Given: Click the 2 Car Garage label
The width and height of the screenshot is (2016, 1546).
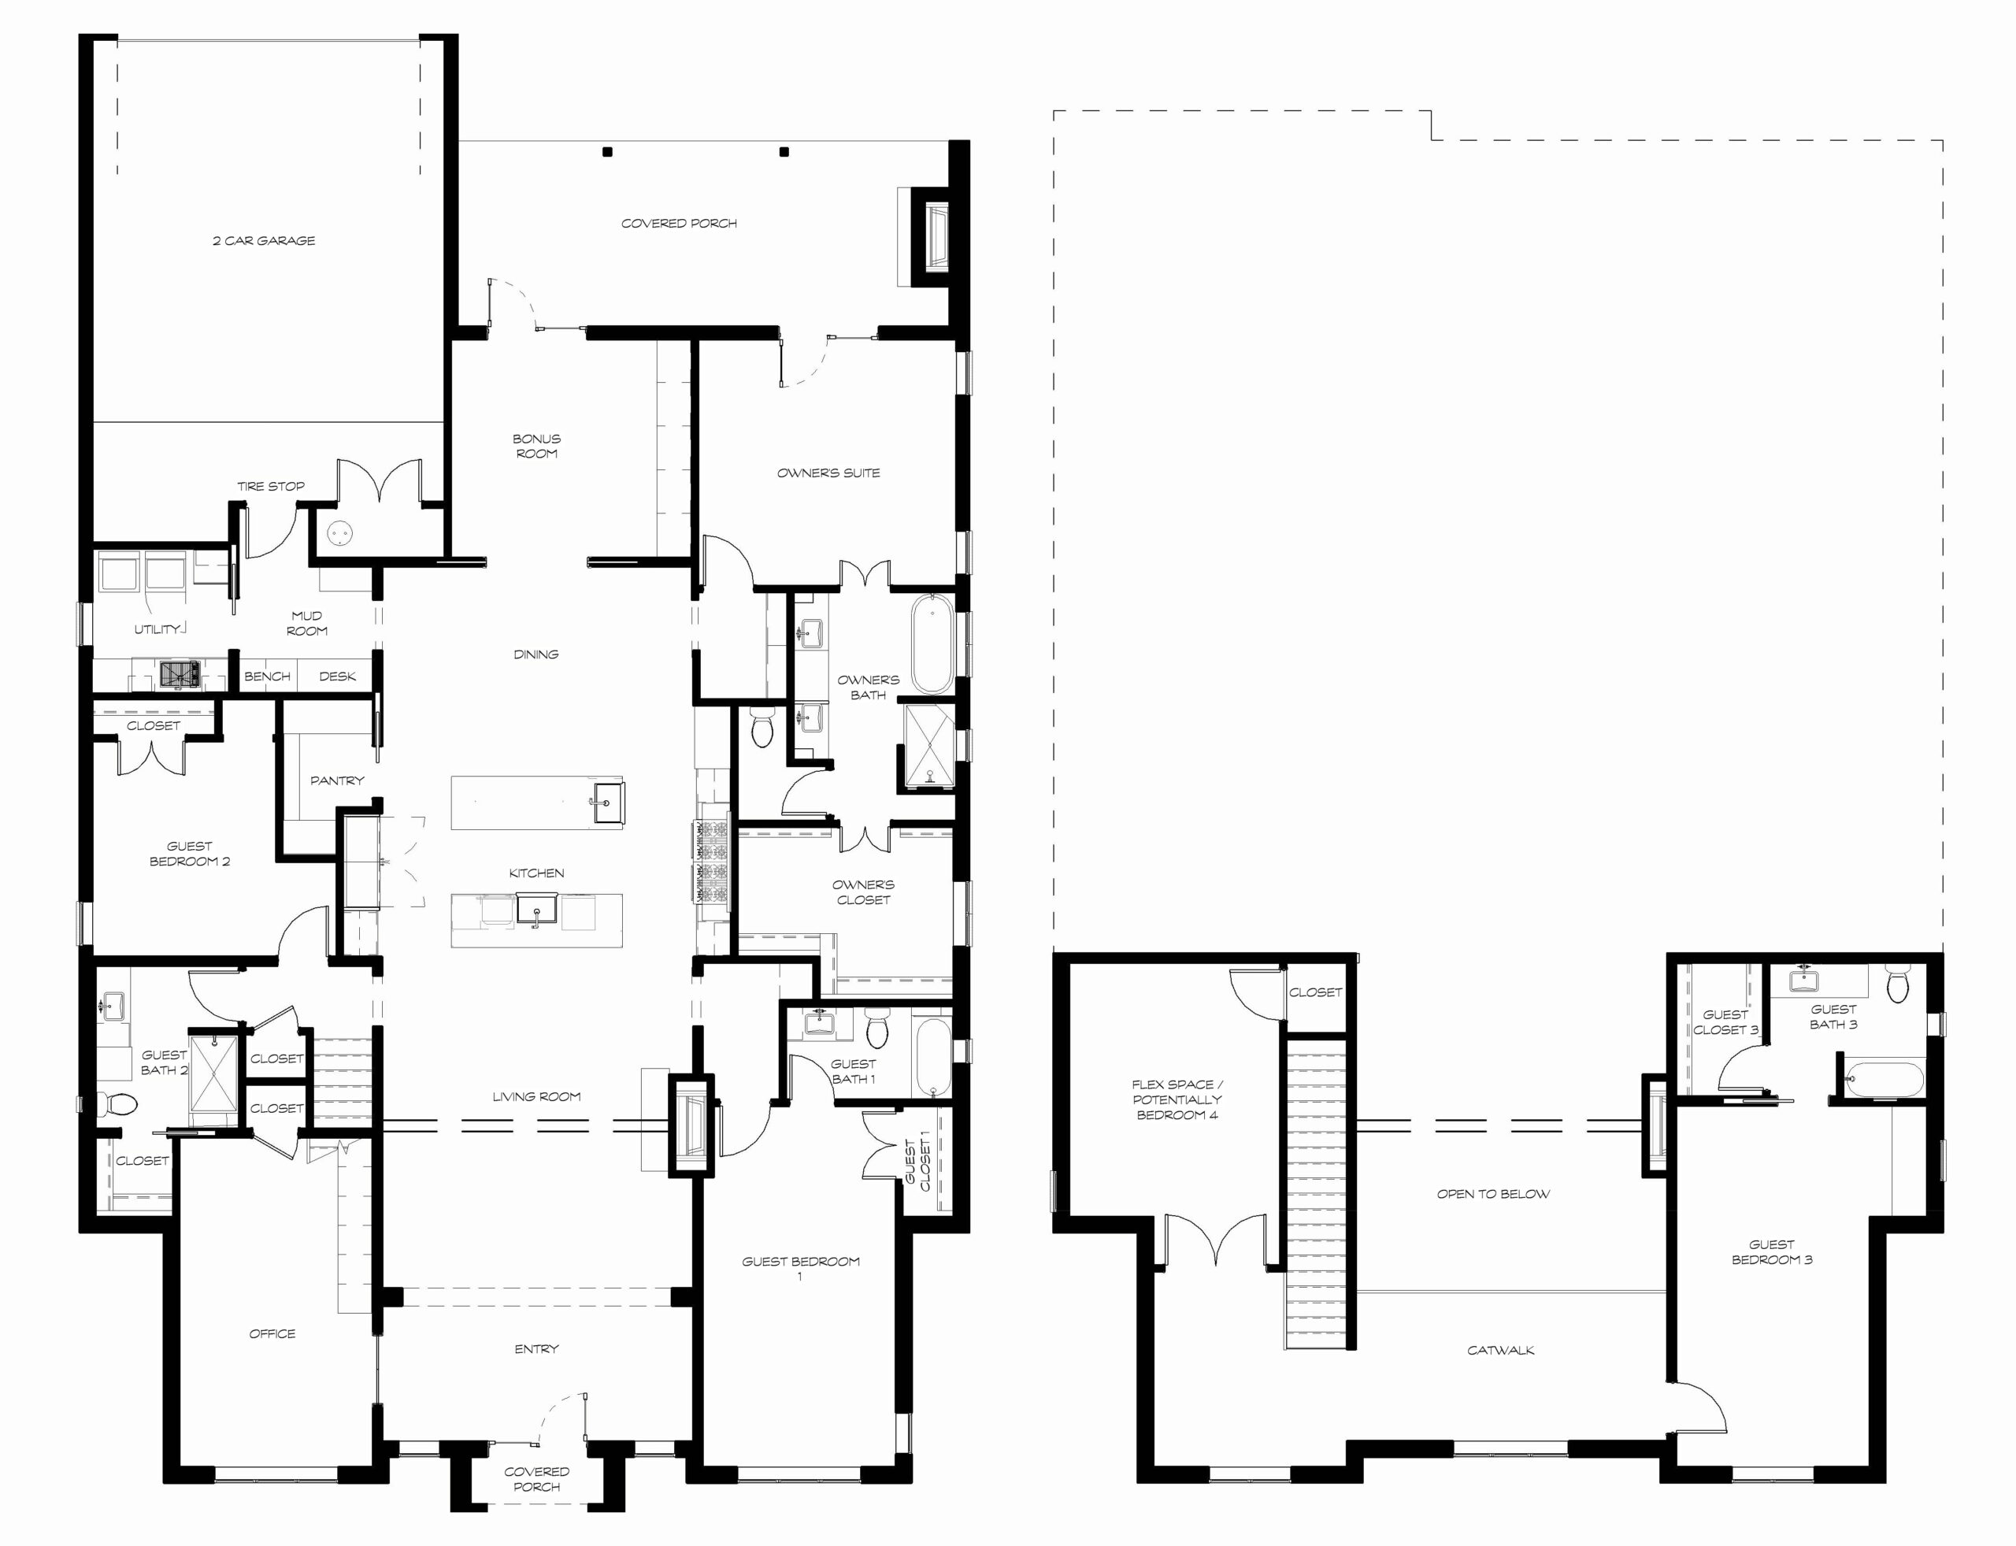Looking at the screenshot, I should pos(264,241).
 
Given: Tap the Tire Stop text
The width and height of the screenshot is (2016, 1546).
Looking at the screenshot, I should pos(271,486).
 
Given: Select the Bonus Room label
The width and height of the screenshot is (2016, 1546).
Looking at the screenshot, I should pos(536,447).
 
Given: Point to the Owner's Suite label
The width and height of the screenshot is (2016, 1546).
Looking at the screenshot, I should pos(828,473).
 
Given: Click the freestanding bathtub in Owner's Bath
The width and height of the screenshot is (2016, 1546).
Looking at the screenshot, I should pos(932,643).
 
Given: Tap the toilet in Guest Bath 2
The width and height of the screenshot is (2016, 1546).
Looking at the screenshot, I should pos(118,1103).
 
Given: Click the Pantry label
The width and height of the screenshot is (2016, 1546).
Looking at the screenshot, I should pos(337,780).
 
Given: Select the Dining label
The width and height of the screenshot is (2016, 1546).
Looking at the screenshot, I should pos(535,654).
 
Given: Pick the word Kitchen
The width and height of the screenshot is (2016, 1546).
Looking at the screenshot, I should pos(536,873).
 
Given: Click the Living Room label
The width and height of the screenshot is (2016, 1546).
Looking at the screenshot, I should pos(536,1096).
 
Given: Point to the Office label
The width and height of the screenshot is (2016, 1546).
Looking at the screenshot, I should pos(272,1333).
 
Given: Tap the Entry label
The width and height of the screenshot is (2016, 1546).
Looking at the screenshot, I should pos(536,1349).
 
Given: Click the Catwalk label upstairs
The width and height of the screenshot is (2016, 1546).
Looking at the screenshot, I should pos(1501,1351).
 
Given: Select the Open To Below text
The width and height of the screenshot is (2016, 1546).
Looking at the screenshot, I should pos(1493,1193).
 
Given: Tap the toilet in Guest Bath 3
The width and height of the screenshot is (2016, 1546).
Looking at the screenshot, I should pos(1897,985).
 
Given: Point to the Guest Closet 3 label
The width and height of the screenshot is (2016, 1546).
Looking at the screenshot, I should pos(1725,1022).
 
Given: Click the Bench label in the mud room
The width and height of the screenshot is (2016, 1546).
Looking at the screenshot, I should pos(267,677).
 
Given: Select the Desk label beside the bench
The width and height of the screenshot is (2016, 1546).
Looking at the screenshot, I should pos(337,677).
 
